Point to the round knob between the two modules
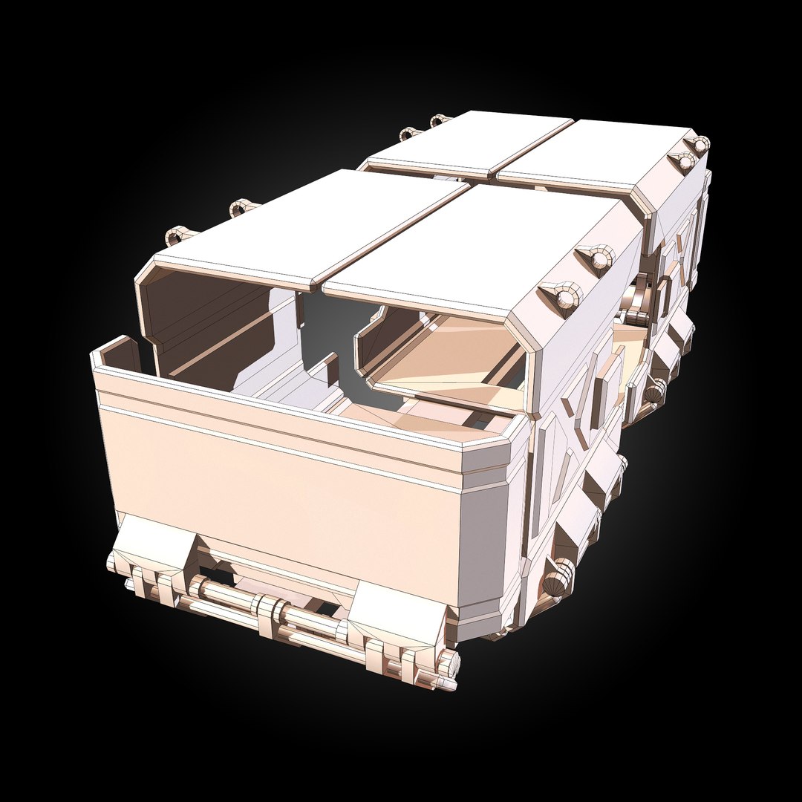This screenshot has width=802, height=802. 653,391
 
